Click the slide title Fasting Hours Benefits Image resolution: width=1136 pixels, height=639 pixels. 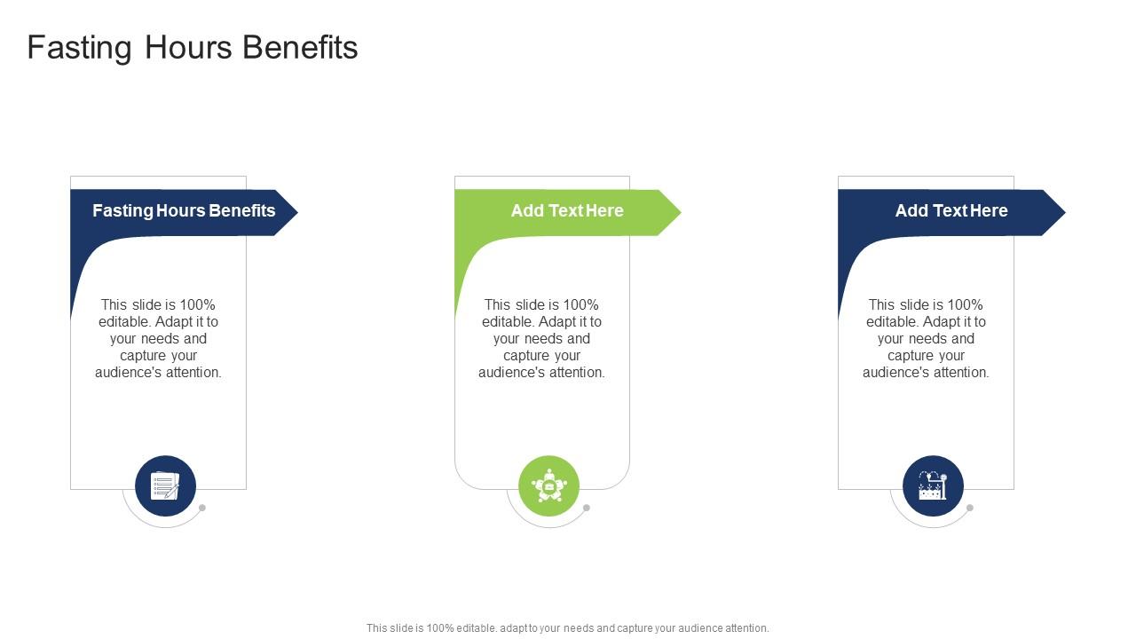coord(193,47)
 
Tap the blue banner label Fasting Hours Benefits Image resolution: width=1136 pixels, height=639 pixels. coord(184,211)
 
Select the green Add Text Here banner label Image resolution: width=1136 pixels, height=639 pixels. coord(567,211)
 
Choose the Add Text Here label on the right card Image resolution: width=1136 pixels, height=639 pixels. coord(951,211)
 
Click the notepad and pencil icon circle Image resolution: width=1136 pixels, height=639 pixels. coord(165,486)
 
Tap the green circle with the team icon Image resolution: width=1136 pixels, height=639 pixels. coord(549,486)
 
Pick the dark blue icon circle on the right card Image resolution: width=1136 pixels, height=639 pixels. coord(933,486)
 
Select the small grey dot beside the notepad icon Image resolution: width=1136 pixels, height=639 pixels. coord(202,508)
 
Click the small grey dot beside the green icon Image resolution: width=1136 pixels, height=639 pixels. coord(586,508)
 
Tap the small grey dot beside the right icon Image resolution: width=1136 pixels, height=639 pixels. coord(970,508)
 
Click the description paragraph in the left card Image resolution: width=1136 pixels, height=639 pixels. coord(158,339)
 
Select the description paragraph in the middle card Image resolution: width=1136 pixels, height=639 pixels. coord(542,339)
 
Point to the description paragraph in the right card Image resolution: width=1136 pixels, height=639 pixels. coord(926,339)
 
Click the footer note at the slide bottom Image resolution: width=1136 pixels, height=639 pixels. coord(568,628)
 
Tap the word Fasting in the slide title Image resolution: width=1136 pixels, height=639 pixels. coord(79,47)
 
